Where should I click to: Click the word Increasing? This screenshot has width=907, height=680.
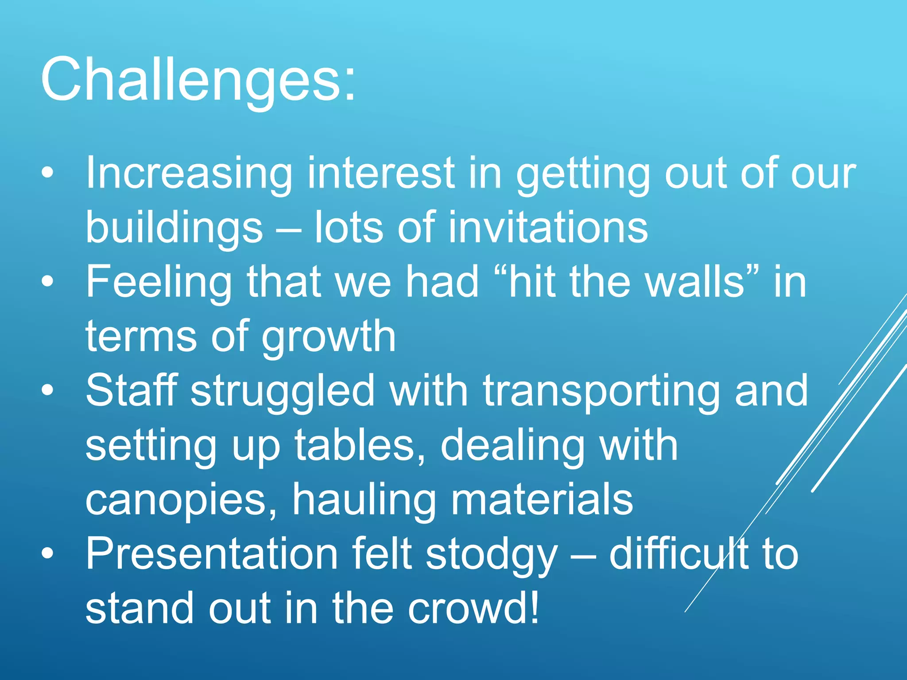(189, 174)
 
